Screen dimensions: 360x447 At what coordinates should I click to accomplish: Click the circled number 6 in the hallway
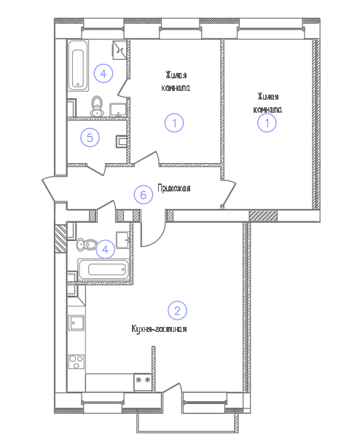144,195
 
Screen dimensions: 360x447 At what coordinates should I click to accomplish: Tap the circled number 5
90,138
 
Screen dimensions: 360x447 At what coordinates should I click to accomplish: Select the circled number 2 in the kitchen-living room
177,310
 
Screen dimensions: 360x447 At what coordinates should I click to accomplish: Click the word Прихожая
174,188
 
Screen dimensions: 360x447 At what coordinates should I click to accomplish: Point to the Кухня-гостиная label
159,328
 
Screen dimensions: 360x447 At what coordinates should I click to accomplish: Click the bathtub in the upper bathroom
78,66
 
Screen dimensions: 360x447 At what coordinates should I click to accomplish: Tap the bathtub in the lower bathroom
103,269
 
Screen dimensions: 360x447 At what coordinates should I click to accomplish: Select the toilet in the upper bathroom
97,106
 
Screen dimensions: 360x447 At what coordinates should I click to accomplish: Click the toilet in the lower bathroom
87,245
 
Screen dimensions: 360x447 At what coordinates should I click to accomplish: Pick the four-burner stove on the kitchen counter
77,362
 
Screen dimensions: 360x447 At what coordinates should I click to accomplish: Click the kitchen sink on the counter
77,323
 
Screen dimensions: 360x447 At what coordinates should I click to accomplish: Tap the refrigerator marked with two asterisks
143,382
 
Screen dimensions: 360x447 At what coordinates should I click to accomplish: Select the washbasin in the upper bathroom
118,110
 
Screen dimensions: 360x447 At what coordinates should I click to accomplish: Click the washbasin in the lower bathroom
123,240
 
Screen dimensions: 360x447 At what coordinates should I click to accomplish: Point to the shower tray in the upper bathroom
120,50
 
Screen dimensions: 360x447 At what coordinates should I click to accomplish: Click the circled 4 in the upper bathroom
103,74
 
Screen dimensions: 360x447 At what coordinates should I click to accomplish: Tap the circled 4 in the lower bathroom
105,250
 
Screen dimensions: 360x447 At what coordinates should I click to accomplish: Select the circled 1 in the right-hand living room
267,123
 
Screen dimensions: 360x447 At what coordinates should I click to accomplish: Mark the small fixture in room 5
121,141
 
